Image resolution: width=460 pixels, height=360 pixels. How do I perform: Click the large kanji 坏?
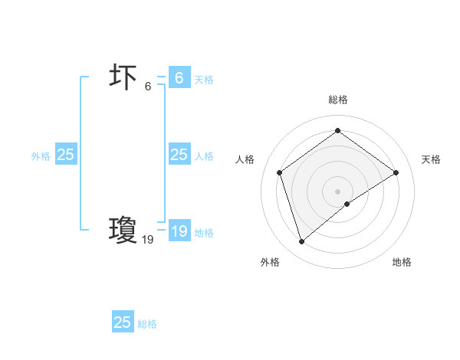pos(123,78)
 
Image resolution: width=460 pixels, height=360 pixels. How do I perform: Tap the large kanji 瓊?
pos(123,229)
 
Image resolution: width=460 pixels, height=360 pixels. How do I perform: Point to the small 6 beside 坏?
pos(148,87)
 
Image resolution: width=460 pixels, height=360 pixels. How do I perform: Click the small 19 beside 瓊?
pos(148,240)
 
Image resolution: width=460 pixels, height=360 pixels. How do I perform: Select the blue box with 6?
pos(179,78)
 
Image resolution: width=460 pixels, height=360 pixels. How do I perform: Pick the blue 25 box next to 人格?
pos(179,155)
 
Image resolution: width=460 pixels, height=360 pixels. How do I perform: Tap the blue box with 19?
pos(179,232)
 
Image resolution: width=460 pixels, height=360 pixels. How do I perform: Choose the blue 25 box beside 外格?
pos(66,155)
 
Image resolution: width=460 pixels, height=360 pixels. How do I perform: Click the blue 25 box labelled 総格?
pos(123,322)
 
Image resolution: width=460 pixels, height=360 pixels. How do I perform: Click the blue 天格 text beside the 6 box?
pos(204,80)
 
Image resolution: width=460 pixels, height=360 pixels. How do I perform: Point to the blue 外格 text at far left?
pos(41,156)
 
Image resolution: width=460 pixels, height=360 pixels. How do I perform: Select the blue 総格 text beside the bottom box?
pos(147,324)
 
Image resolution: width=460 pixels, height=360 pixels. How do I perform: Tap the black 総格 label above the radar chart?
pos(337,100)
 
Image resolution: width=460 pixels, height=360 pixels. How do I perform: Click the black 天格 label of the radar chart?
pos(431,159)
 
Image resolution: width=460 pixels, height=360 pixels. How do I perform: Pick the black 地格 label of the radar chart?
pos(402,262)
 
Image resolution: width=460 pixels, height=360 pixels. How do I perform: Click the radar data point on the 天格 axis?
pos(396,172)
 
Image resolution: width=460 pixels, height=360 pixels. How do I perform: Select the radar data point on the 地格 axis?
pos(347,204)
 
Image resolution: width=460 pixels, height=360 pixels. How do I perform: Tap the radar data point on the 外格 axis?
pos(301,242)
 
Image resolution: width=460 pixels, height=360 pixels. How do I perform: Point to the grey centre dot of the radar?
pos(337,191)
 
